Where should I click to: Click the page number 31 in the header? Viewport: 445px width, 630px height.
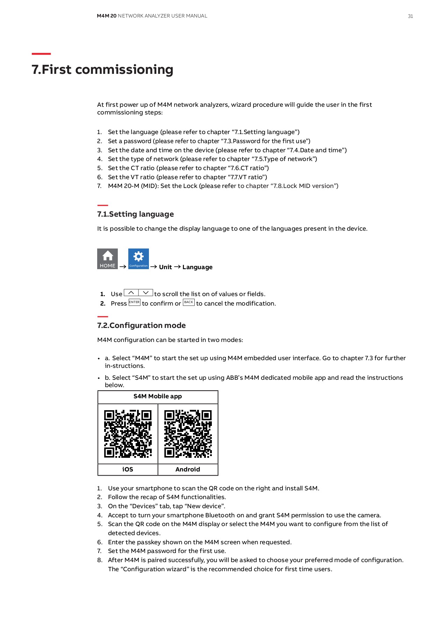tap(410, 16)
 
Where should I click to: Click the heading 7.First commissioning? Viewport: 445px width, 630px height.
tap(102, 69)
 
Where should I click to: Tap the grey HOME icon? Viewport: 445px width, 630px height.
tap(107, 259)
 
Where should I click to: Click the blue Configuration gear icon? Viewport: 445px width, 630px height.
tap(138, 259)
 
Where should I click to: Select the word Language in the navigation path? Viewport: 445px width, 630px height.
tap(197, 267)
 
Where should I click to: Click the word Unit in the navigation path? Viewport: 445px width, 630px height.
tap(165, 267)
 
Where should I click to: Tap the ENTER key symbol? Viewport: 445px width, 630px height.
tap(134, 302)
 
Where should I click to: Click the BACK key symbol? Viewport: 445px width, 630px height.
tap(189, 302)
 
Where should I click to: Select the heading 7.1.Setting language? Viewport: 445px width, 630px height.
tap(135, 214)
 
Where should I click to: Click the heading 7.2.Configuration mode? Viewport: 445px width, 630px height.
tap(141, 325)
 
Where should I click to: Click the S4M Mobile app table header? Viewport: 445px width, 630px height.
tap(158, 397)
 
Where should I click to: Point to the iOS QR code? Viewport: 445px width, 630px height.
tap(128, 434)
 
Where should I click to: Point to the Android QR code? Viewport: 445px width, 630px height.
tap(188, 434)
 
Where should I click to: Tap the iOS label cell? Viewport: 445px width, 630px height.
tap(128, 469)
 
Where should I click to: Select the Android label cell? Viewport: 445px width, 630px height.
tap(188, 469)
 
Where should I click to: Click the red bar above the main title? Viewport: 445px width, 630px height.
tap(41, 54)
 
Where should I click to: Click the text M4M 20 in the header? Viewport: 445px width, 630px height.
tap(106, 16)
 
